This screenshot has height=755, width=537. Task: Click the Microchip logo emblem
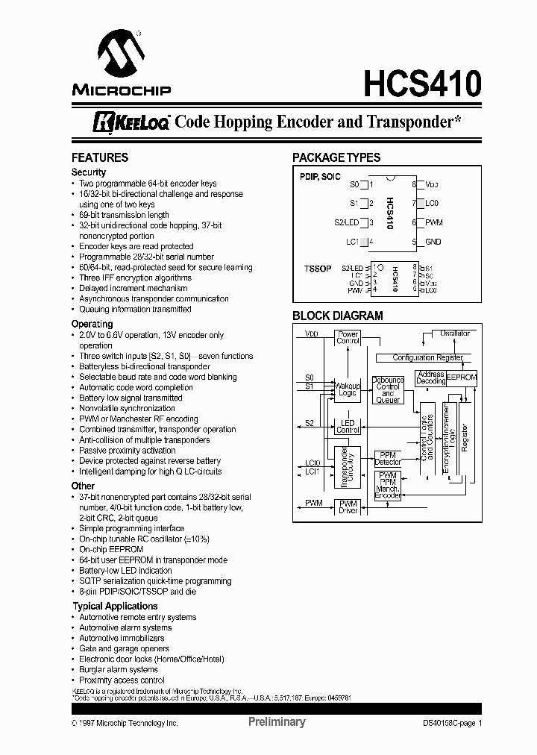pos(121,58)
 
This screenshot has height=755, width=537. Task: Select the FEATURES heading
pos(99,158)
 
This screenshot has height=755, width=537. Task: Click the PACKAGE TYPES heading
pos(336,158)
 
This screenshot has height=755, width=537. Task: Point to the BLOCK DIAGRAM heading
pos(337,316)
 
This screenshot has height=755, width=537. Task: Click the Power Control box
pos(348,338)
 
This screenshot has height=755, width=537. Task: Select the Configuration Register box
pos(427,358)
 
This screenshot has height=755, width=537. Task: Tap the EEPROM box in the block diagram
pos(462,377)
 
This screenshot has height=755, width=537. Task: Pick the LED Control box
pos(348,427)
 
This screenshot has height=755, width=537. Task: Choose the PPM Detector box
pos(387,458)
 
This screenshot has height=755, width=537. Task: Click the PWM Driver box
pos(348,507)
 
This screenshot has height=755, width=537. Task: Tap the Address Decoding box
pos(430,377)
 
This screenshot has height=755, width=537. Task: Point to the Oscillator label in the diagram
pos(455,333)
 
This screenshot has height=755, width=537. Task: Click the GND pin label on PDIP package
pos(433,242)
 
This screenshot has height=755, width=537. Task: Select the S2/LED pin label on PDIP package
pos(347,222)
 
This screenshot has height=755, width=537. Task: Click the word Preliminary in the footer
pos(276,722)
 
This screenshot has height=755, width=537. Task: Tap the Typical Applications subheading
pos(114,607)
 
